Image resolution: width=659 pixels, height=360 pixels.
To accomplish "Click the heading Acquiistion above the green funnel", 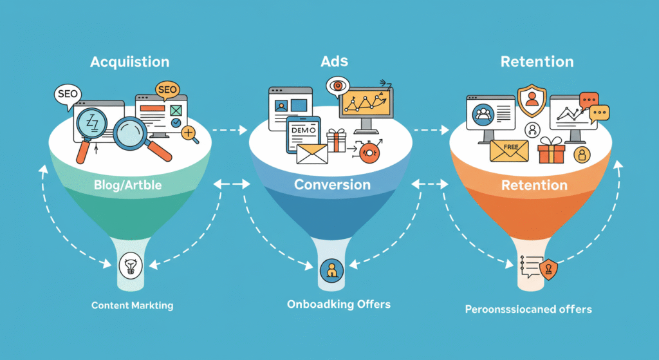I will click(130, 62).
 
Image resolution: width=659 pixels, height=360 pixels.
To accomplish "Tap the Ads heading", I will click(333, 62).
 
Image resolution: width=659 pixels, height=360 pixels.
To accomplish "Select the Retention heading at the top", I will click(536, 62).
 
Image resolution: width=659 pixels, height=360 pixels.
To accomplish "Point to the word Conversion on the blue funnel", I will click(332, 185).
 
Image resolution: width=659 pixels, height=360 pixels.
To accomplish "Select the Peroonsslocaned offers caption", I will click(528, 309).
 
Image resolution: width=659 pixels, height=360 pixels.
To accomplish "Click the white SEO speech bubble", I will click(67, 94).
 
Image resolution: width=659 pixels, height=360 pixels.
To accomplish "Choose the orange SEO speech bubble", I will click(166, 90).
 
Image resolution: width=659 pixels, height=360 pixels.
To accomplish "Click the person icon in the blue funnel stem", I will click(332, 270).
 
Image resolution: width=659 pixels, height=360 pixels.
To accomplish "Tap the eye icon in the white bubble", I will click(338, 86).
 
